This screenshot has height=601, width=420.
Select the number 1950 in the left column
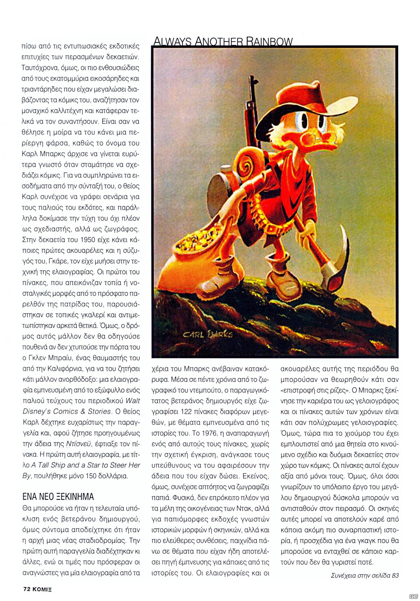pyautogui.click(x=90, y=240)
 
